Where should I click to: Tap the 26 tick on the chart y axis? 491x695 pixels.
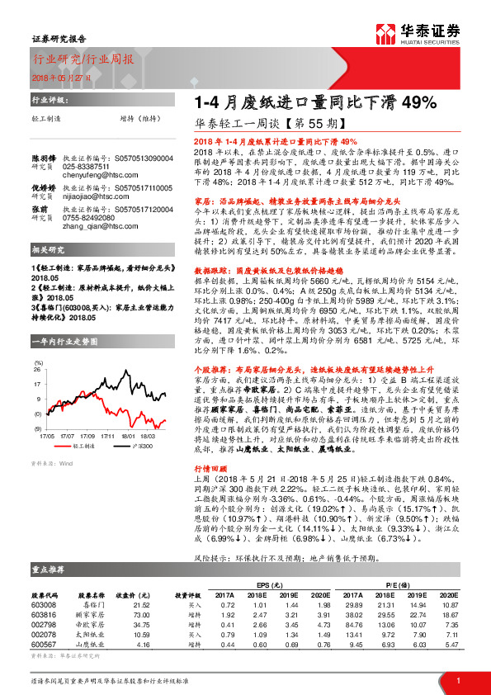coord(38,369)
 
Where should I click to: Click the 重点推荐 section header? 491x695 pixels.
coord(50,569)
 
